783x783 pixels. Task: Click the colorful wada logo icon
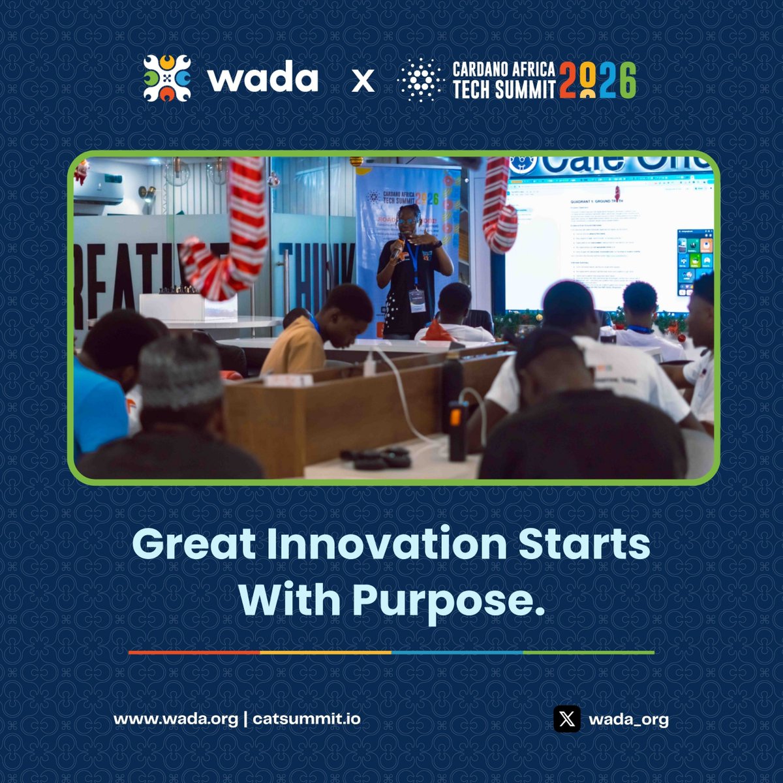167,78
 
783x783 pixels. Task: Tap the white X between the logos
363,81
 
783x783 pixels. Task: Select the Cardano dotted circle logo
421,80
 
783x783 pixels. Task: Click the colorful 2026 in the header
597,80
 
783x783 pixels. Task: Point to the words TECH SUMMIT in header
504,89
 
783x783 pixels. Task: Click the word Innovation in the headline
386,544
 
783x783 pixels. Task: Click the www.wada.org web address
176,719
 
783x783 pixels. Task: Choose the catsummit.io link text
306,719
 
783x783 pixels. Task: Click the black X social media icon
567,719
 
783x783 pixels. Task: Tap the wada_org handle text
628,720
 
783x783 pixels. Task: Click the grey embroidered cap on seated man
181,372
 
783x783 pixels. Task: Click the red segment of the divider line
194,652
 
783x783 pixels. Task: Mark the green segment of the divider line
588,652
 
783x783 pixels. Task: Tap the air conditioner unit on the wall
98,189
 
